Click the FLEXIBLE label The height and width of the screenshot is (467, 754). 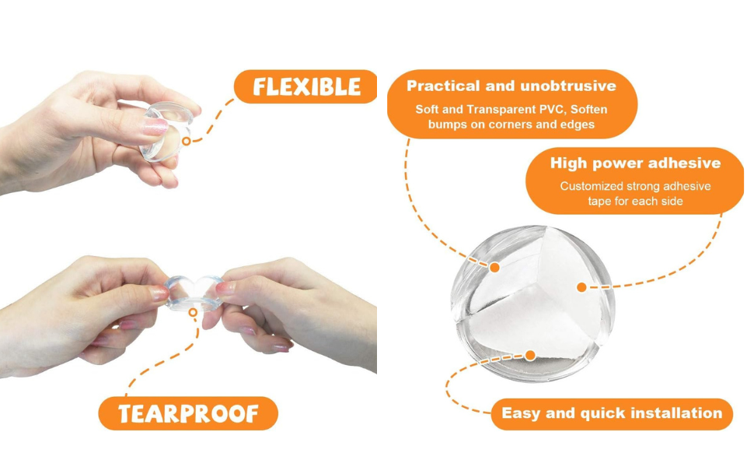click(306, 86)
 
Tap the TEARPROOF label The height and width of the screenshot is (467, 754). click(188, 413)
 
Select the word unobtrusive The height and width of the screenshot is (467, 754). click(568, 86)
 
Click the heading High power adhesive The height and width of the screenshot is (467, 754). click(635, 163)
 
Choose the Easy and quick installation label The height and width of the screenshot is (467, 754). click(612, 413)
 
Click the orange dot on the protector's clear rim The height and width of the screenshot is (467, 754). click(494, 267)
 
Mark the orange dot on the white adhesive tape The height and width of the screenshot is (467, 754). click(581, 287)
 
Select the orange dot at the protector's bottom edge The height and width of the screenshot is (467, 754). click(530, 355)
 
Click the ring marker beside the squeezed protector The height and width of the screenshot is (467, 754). click(186, 141)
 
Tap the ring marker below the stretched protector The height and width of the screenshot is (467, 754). click(193, 312)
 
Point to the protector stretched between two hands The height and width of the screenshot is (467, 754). click(194, 292)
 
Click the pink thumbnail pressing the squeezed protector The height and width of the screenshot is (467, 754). click(155, 127)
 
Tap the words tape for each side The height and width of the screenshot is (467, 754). click(635, 202)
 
